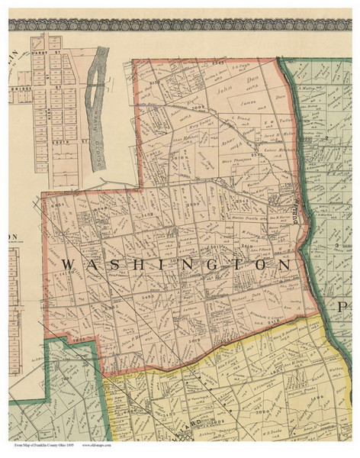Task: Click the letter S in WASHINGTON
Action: pyautogui.click(x=111, y=263)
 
